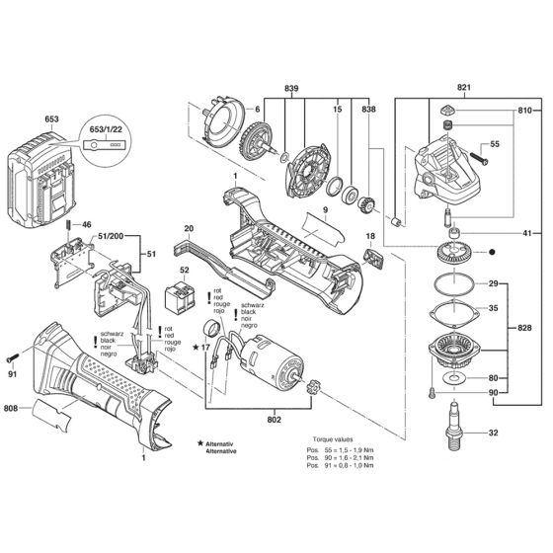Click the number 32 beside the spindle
click(x=521, y=432)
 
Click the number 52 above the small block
click(x=184, y=270)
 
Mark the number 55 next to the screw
click(x=495, y=144)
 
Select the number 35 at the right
click(x=521, y=308)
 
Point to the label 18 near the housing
click(x=371, y=237)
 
